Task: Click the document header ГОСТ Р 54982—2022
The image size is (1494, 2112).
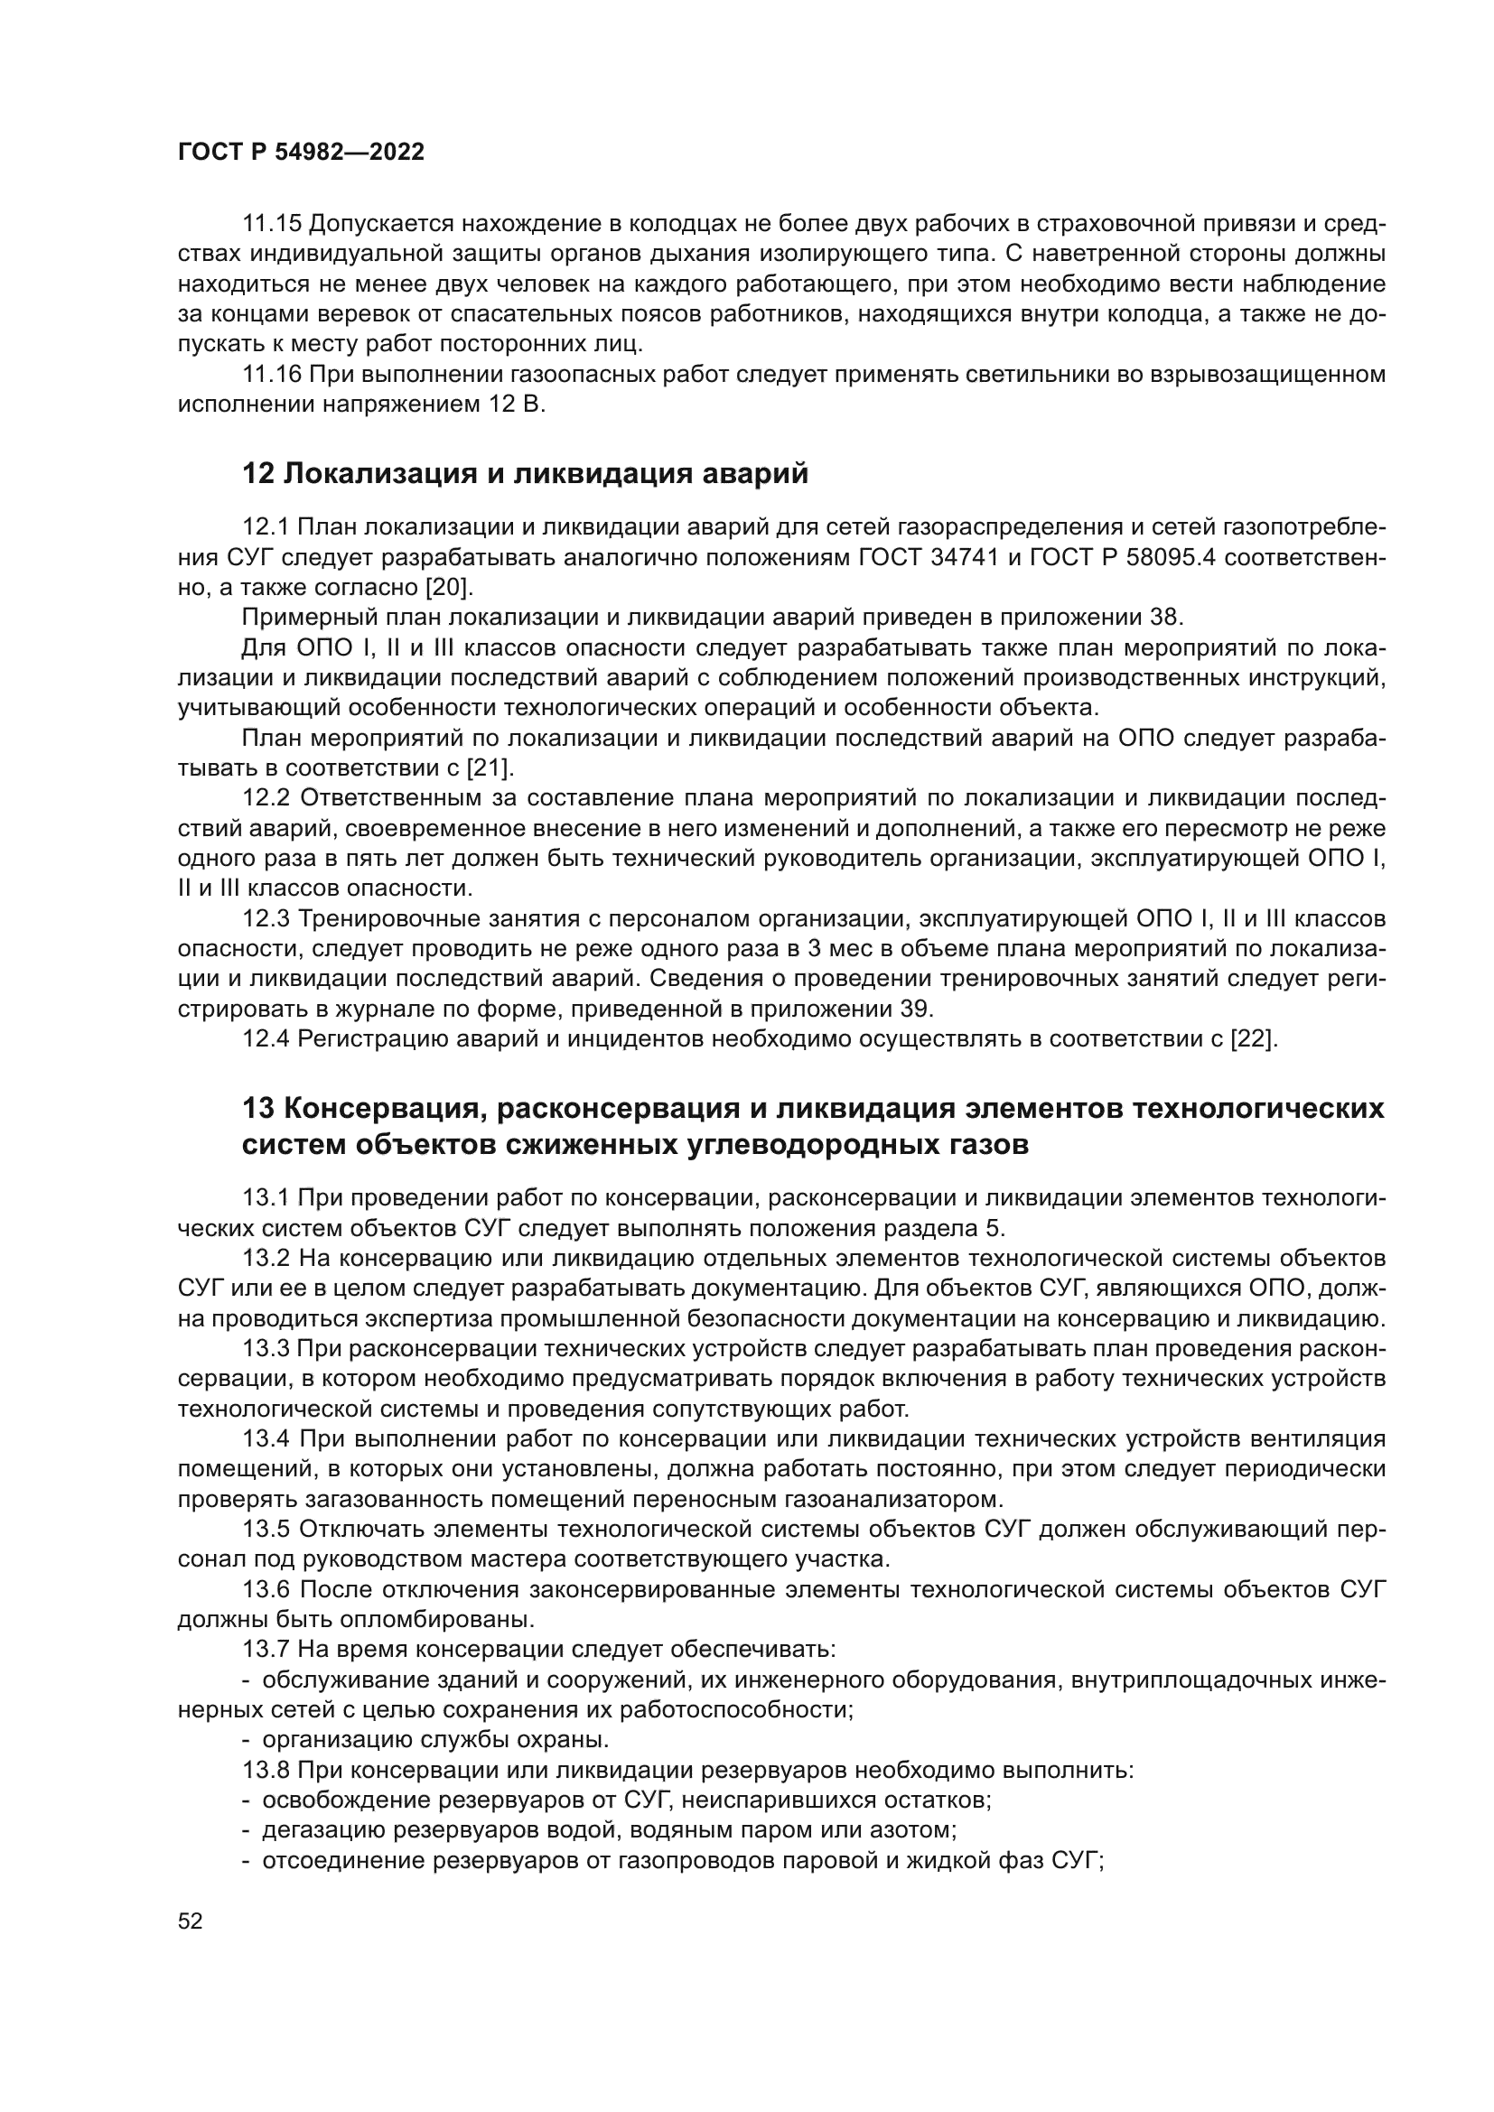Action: point(301,153)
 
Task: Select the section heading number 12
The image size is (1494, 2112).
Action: point(258,474)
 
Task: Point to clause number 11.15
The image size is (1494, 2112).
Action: point(272,224)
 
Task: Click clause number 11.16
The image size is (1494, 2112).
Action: point(272,375)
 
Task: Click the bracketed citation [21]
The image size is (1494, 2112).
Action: point(490,768)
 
